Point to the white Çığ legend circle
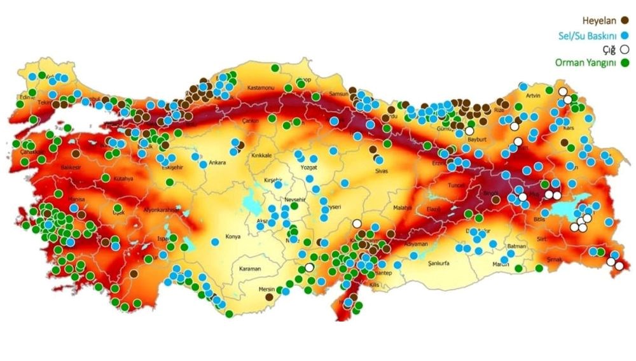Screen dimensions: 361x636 point(625,49)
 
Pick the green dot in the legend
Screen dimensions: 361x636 point(625,63)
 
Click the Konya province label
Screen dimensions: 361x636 point(233,237)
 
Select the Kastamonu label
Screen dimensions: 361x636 point(259,87)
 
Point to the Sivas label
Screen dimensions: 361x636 point(382,171)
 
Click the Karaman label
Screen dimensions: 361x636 point(250,269)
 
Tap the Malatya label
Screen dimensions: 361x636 point(403,208)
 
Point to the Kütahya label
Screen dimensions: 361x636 point(124,179)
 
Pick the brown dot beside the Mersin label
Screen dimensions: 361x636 point(269,297)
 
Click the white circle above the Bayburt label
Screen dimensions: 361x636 point(469,131)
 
